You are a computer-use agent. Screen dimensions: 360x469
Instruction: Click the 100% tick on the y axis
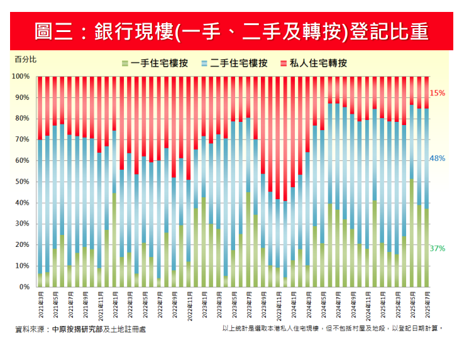(x=21, y=77)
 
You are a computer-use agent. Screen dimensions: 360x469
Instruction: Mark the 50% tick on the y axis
(x=22, y=182)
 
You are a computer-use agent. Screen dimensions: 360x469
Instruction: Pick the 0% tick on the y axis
(x=24, y=287)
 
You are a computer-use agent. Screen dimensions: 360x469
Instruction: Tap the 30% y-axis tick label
(x=22, y=224)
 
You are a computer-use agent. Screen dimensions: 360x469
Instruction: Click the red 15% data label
(x=438, y=93)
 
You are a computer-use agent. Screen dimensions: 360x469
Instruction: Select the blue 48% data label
(x=438, y=159)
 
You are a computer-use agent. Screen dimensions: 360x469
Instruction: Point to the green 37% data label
(x=438, y=249)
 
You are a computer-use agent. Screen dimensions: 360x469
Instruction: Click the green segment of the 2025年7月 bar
(x=427, y=248)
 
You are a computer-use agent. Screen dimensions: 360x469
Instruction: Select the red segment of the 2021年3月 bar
(x=40, y=107)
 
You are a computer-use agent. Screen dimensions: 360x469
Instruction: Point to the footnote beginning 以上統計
(x=333, y=329)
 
